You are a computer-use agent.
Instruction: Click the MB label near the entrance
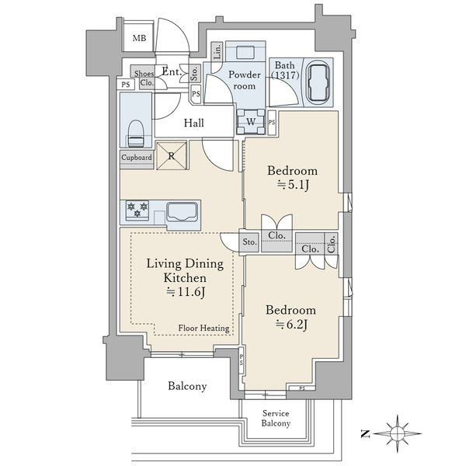pyautogui.click(x=139, y=38)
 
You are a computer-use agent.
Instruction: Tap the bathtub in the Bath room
pyautogui.click(x=318, y=82)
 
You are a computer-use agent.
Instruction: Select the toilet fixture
pyautogui.click(x=136, y=134)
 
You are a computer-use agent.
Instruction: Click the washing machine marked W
pyautogui.click(x=251, y=122)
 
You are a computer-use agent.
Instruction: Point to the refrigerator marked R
pyautogui.click(x=172, y=155)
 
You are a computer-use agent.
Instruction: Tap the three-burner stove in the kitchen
pyautogui.click(x=137, y=210)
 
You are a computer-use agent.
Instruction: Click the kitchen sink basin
pyautogui.click(x=182, y=212)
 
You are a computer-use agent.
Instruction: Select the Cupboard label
pyautogui.click(x=137, y=158)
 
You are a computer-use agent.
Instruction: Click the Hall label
pyautogui.click(x=193, y=123)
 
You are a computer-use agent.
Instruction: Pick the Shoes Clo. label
pyautogui.click(x=144, y=78)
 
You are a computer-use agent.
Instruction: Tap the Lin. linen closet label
pyautogui.click(x=217, y=51)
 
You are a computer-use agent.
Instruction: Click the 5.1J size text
pyautogui.click(x=293, y=185)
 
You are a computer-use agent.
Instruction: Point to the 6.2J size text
pyautogui.click(x=291, y=325)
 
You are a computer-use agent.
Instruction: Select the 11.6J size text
pyautogui.click(x=186, y=292)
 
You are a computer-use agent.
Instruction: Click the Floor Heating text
pyautogui.click(x=203, y=328)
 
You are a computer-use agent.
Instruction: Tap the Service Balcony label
pyautogui.click(x=276, y=418)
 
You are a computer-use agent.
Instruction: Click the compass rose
pyautogui.click(x=397, y=433)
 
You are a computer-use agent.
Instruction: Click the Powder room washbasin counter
pyautogui.click(x=245, y=52)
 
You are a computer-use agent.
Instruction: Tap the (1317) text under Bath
pyautogui.click(x=286, y=75)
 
